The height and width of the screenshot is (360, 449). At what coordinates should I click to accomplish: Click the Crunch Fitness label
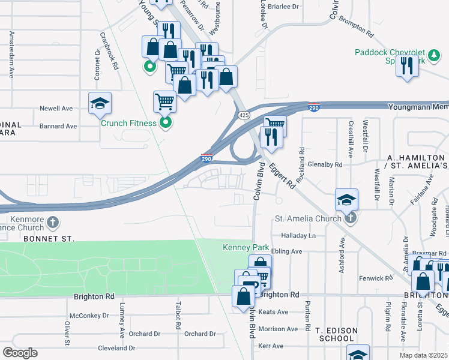point(128,123)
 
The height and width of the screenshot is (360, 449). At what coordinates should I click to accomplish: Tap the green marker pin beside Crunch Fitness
point(167,124)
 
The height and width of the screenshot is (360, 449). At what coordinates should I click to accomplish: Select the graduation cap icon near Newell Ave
point(100,103)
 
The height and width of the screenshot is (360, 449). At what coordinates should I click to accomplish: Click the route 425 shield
point(243,115)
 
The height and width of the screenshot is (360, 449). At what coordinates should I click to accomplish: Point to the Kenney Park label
point(246,247)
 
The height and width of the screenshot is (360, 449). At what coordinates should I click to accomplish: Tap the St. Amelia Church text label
point(308,218)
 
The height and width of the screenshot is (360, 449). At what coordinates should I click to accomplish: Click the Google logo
point(20,353)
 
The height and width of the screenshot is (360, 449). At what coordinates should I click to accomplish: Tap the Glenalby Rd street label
point(324,164)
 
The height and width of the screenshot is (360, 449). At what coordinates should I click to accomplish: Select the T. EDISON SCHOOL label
point(336,334)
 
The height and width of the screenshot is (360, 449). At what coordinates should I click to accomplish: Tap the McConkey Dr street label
point(89,315)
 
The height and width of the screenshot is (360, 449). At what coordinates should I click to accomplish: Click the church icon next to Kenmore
point(53,223)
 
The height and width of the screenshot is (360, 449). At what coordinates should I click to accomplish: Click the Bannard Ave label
point(58,127)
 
